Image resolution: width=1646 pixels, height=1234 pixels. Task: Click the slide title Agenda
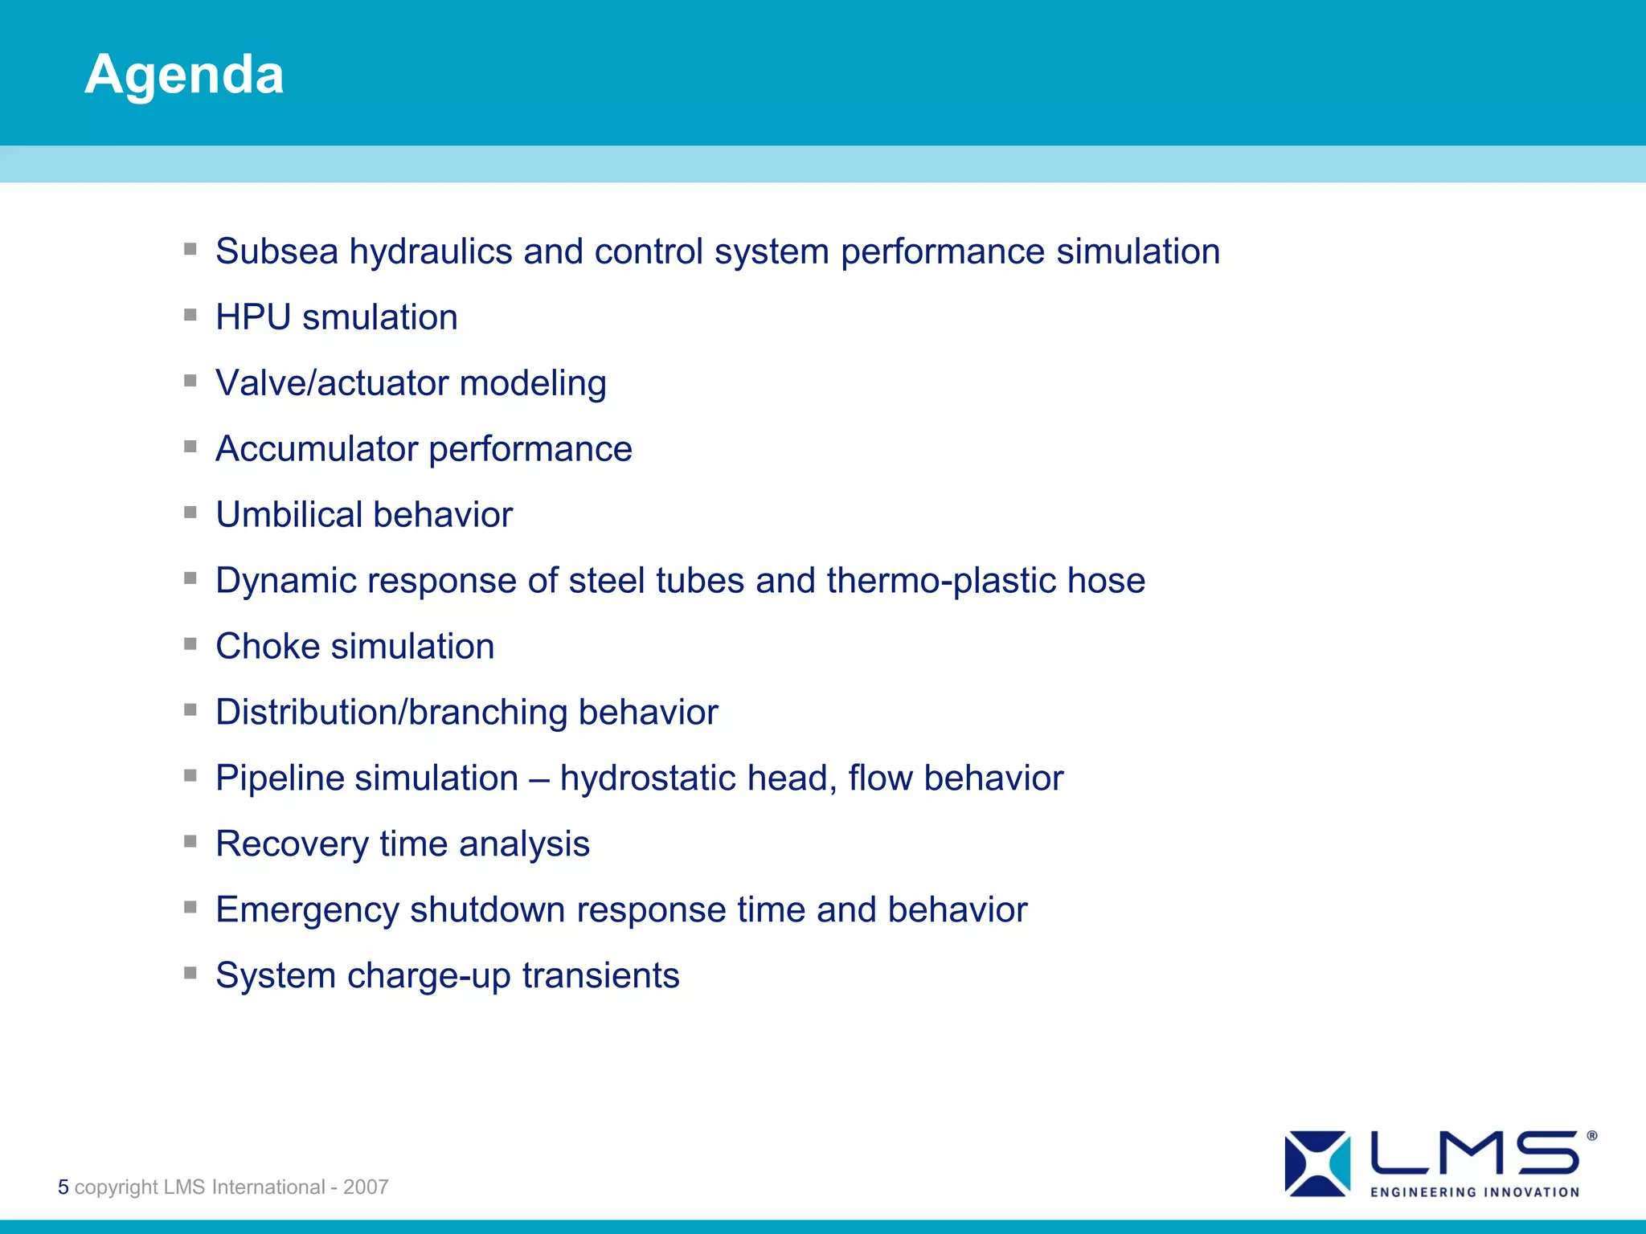click(184, 75)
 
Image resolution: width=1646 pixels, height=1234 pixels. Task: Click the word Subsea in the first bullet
click(276, 251)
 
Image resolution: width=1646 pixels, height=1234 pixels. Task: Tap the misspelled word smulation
click(379, 317)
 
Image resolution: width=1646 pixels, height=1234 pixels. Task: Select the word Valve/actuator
click(331, 383)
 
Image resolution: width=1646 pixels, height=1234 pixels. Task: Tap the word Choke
click(267, 647)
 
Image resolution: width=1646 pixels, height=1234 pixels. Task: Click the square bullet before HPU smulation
click(190, 315)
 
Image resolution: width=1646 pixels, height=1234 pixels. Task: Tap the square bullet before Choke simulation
click(190, 644)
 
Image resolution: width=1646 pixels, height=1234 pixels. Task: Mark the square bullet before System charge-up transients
click(190, 973)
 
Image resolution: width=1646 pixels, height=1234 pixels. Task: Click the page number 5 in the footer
click(63, 1187)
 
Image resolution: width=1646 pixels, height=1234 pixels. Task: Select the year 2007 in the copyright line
click(366, 1187)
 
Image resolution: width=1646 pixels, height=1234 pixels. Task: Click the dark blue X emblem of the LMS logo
click(1307, 1163)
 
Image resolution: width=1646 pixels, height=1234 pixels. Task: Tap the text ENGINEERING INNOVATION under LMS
click(1475, 1192)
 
